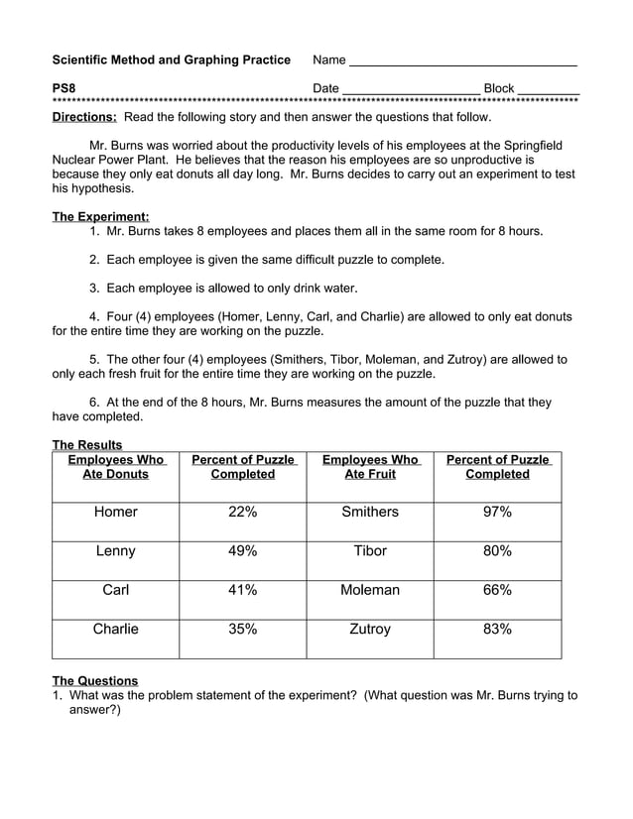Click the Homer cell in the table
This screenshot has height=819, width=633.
[116, 512]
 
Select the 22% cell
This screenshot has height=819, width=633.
[243, 512]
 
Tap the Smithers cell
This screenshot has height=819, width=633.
[370, 512]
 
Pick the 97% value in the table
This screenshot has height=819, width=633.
[497, 512]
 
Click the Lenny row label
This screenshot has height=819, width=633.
[116, 550]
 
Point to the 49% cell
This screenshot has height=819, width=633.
[243, 550]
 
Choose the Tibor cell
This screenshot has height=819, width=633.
[370, 550]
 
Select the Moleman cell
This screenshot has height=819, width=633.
[370, 590]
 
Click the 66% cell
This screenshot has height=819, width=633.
[497, 590]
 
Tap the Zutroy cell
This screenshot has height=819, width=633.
[370, 629]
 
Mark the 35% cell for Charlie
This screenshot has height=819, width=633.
[243, 629]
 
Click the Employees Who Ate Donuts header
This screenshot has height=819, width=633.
[116, 467]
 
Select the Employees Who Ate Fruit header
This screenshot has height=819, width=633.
[370, 467]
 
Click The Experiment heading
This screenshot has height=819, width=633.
[100, 216]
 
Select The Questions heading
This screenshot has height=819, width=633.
[95, 680]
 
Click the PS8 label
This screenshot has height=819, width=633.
[63, 88]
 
